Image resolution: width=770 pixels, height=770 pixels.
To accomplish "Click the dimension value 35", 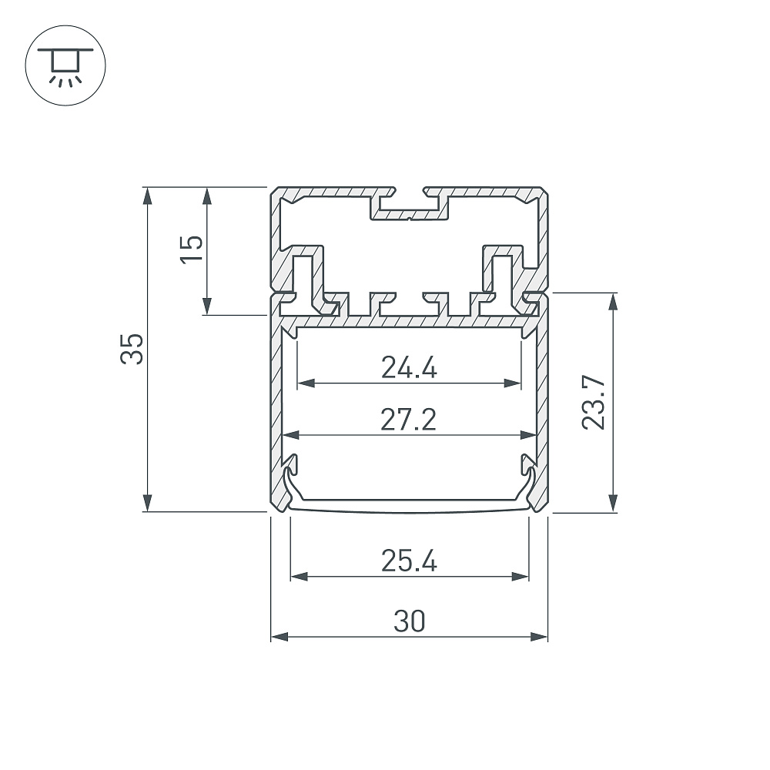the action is [x=132, y=349].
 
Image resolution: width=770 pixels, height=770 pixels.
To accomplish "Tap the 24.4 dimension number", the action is [x=409, y=368].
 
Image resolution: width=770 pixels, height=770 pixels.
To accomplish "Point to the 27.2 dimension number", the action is [x=409, y=420].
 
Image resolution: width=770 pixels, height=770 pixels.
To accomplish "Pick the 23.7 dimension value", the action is [x=593, y=403].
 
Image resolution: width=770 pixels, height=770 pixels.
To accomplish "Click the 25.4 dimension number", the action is [x=409, y=561].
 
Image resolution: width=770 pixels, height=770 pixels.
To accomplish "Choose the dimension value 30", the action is [x=409, y=621].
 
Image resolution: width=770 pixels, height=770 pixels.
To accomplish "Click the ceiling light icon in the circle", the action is [x=65, y=66].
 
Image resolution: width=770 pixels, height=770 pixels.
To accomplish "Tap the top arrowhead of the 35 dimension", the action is [x=147, y=195].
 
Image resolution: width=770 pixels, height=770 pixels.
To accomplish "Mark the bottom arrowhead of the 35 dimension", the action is [x=147, y=504].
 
